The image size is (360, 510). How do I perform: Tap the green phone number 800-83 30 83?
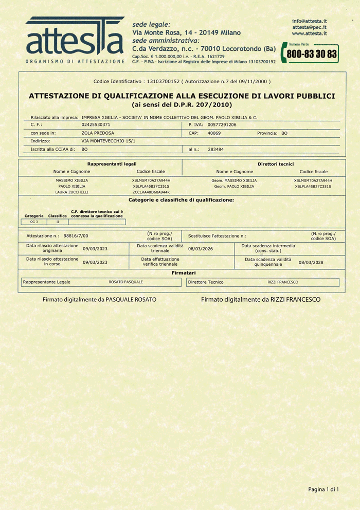312,53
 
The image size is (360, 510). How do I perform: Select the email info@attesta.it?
310,21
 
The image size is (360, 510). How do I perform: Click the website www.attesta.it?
310,33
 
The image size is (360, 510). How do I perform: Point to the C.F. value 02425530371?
96,125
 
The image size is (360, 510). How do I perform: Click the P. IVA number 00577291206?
222,125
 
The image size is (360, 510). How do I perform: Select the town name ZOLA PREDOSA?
98,133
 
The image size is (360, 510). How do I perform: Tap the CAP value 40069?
214,133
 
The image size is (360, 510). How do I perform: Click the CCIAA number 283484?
215,149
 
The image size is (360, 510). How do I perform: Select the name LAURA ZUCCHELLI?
71,192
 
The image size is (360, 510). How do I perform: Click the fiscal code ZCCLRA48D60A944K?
151,192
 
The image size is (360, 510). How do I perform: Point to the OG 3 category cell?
34,222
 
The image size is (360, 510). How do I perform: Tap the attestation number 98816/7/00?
76,235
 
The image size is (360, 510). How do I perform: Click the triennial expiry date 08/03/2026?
200,249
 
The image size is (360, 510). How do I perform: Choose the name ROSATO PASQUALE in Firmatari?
125,282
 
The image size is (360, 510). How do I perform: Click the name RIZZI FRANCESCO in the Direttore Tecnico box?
283,282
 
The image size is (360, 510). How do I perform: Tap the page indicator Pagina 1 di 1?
323,488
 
